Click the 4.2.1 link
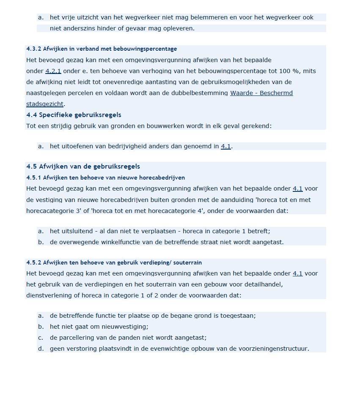pyautogui.click(x=53, y=71)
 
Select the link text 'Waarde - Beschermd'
pyautogui.click(x=261, y=93)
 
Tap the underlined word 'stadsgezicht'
pyautogui.click(x=45, y=104)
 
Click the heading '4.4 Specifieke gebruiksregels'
pyautogui.click(x=74, y=115)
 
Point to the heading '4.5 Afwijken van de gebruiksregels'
pyautogui.click(x=83, y=166)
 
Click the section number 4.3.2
pyautogui.click(x=33, y=49)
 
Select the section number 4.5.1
pyautogui.click(x=33, y=177)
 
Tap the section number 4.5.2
pyautogui.click(x=33, y=262)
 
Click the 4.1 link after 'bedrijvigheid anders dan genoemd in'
pyautogui.click(x=226, y=147)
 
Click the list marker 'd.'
pyautogui.click(x=41, y=349)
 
